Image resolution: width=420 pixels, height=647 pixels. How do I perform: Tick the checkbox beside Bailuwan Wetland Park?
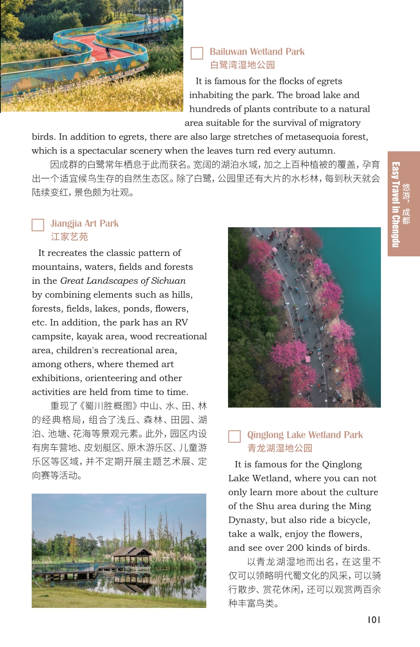(197, 53)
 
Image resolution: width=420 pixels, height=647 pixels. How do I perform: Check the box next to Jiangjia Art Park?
(38, 225)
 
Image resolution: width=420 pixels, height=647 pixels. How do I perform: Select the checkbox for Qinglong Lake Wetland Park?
(235, 436)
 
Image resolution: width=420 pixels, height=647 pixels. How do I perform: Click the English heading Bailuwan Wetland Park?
(257, 52)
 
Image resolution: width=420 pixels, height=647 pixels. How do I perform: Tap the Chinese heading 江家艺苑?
(69, 237)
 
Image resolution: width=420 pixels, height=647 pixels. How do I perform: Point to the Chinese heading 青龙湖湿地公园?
(280, 448)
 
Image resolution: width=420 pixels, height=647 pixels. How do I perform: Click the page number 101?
(374, 620)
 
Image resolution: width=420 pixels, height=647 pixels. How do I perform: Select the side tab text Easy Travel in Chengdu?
(395, 204)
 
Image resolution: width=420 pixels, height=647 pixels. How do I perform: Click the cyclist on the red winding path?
(108, 53)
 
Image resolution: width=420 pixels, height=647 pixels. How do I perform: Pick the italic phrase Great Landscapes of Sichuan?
(123, 281)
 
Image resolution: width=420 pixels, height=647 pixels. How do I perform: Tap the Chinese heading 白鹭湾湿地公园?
(242, 65)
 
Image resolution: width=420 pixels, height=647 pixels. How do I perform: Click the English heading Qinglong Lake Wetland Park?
(305, 435)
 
